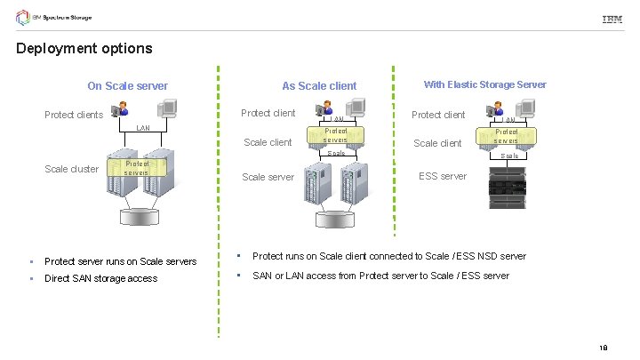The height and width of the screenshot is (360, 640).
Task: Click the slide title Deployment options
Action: click(84, 49)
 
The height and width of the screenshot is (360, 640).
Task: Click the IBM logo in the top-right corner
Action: click(612, 20)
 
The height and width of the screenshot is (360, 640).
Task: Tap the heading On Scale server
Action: click(127, 86)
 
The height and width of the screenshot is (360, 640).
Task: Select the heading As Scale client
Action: click(319, 86)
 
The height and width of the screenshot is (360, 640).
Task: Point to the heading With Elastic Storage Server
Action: click(484, 85)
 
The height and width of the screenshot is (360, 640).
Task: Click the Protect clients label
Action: click(75, 115)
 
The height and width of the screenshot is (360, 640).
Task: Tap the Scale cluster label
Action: click(72, 169)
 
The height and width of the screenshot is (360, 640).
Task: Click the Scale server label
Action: click(268, 177)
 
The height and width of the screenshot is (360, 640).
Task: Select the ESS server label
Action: click(442, 176)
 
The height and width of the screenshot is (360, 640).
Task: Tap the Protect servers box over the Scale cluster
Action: click(137, 168)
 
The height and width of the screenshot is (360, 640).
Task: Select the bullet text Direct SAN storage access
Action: click(100, 278)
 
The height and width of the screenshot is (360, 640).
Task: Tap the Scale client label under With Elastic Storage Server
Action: click(437, 143)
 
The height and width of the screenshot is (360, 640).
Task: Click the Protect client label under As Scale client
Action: click(268, 114)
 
